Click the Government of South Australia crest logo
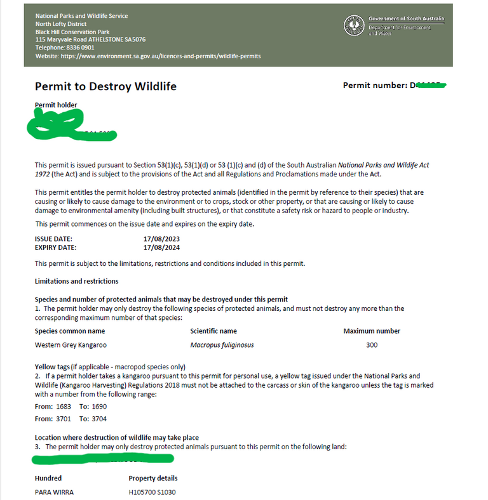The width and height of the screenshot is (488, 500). pos(354,25)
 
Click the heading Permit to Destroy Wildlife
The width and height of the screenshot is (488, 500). pos(105,86)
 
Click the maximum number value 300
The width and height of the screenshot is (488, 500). pos(372,345)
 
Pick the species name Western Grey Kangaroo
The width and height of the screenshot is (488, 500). pos(71,345)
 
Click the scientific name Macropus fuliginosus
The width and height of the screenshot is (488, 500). pos(222,345)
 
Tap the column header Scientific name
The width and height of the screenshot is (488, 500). pos(213,331)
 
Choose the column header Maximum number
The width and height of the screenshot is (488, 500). pos(372,331)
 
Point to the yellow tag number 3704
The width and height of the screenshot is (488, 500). pos(100,419)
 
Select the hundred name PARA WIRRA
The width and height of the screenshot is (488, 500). pos(54,492)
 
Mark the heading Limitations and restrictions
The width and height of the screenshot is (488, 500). pos(76,280)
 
